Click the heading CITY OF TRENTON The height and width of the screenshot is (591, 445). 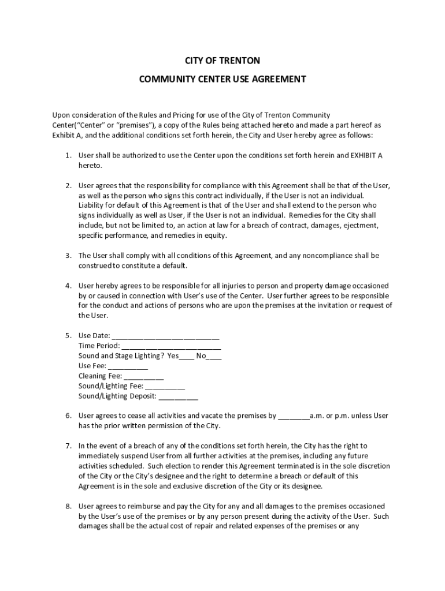tap(222, 61)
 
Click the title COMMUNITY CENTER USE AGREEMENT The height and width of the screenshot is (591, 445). tap(222, 80)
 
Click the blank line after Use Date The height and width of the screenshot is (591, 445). tap(165, 336)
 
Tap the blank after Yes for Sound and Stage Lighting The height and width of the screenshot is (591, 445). tap(187, 356)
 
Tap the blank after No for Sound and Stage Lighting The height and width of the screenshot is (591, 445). tap(214, 356)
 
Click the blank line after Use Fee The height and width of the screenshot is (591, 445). tap(128, 366)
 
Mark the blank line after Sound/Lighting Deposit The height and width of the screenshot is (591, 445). tap(178, 397)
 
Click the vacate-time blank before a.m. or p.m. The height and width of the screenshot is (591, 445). tap(294, 416)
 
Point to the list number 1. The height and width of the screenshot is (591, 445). tap(68, 155)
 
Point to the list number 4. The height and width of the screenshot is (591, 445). tap(68, 286)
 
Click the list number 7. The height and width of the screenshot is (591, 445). tap(68, 446)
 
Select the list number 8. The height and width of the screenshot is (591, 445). tap(68, 506)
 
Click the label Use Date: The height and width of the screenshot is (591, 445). tap(94, 336)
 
